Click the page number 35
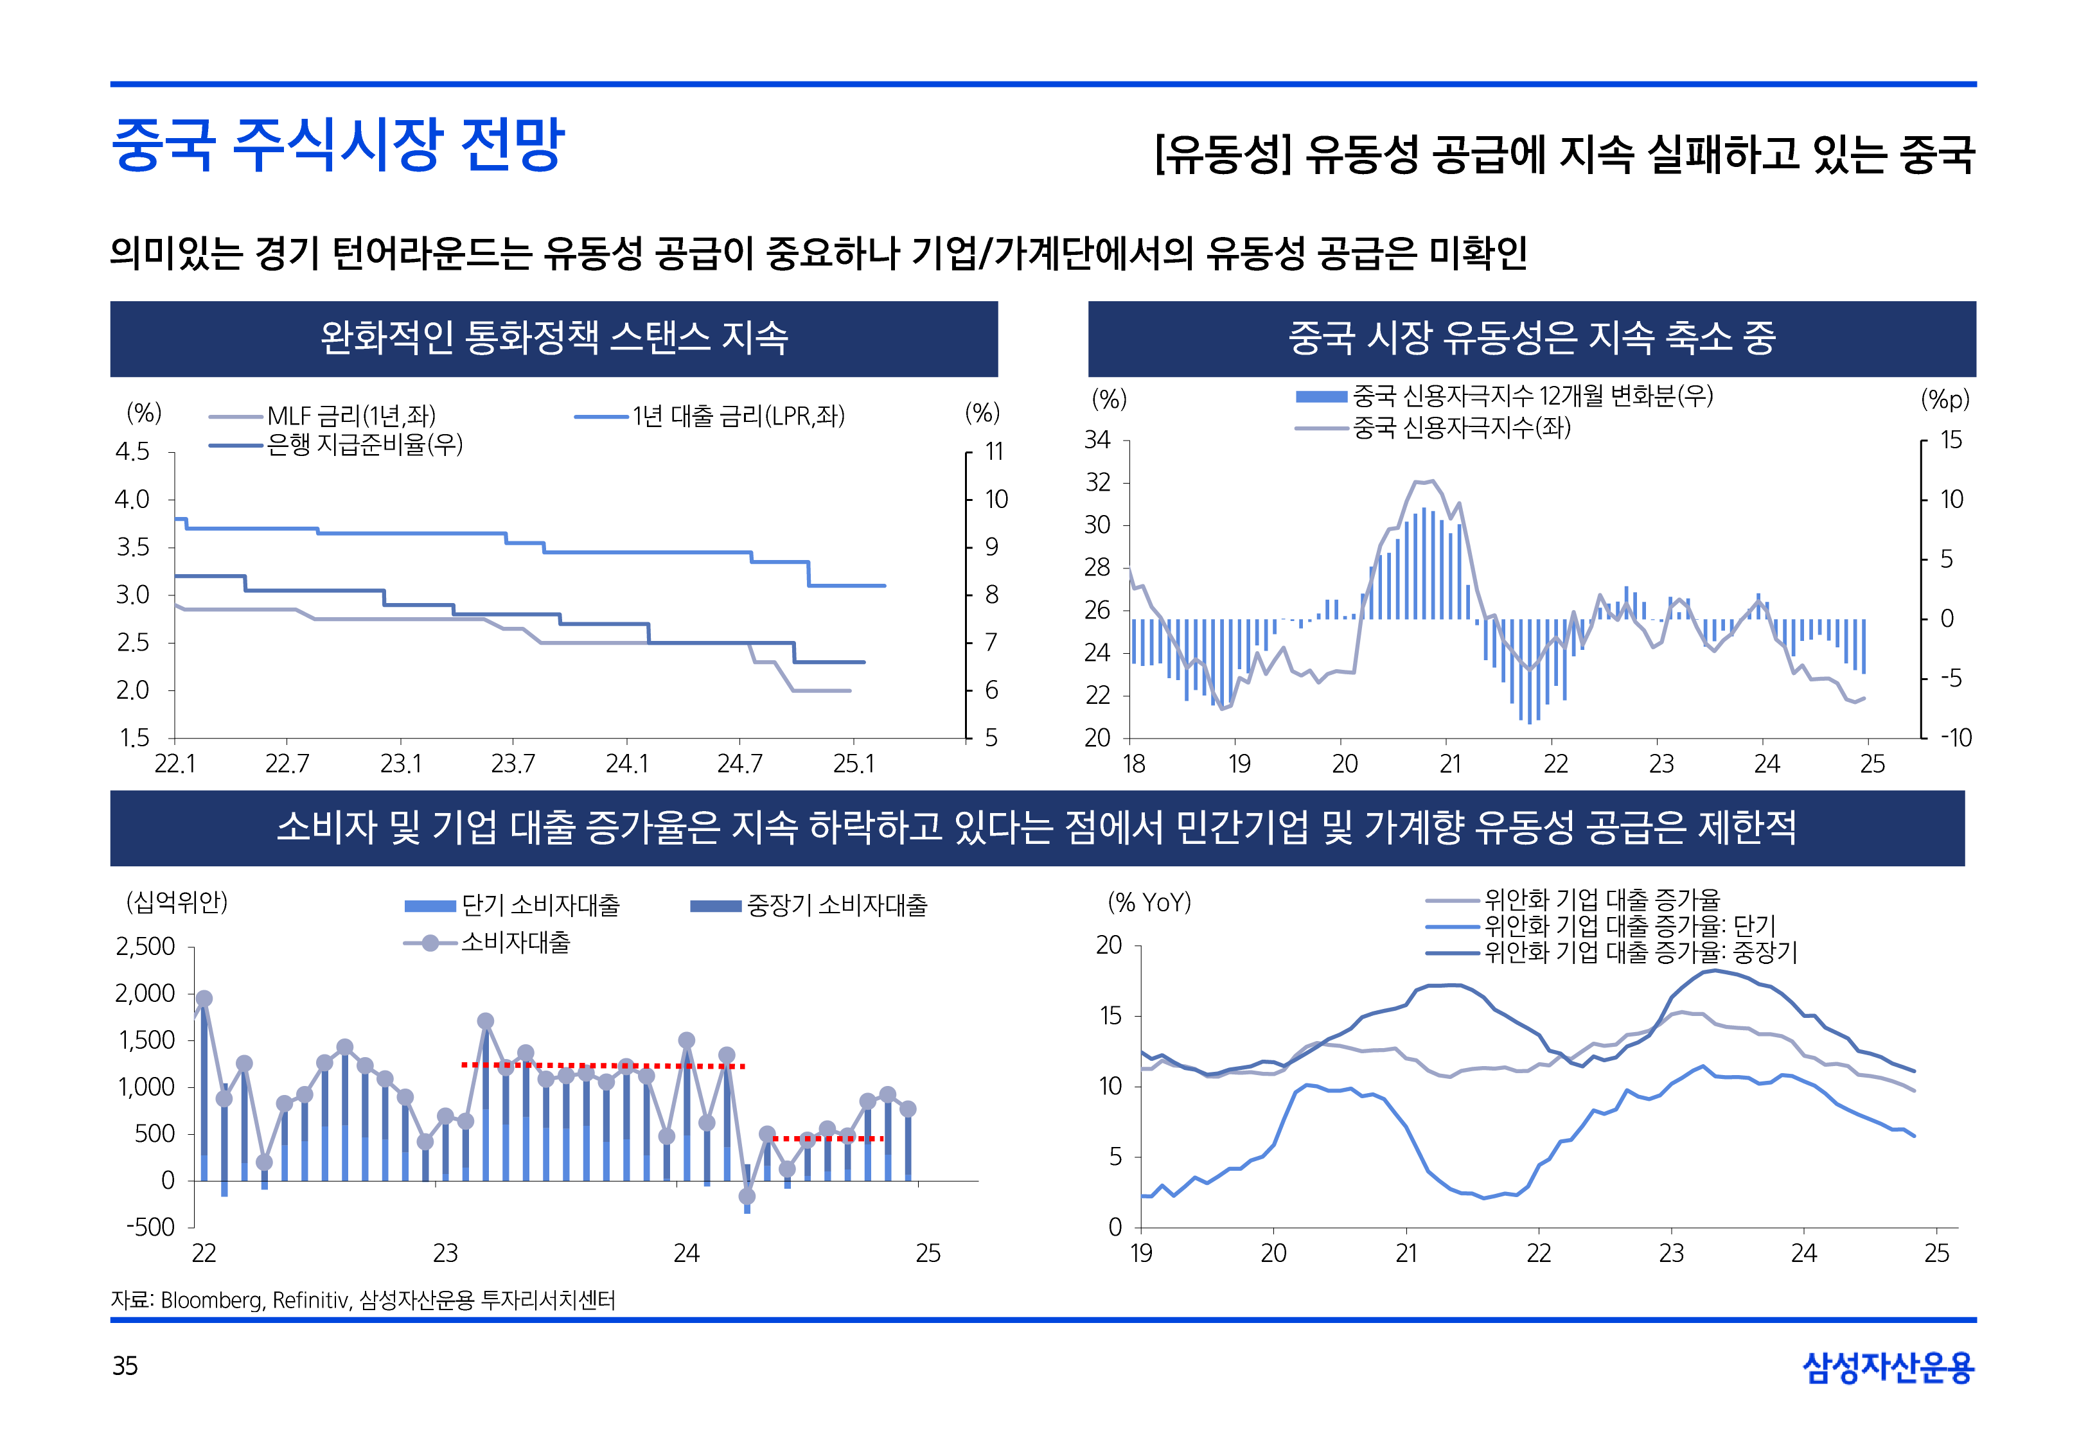tap(125, 1365)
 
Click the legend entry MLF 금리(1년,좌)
tap(351, 416)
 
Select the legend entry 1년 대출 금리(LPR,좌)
tap(738, 416)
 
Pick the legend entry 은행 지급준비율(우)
tap(364, 444)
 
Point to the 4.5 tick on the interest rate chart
tap(132, 451)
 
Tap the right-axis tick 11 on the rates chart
tap(994, 451)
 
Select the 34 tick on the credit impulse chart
tap(1097, 440)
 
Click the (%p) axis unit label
tap(1945, 399)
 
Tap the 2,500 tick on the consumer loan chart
tap(146, 947)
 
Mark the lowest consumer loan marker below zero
tap(747, 1196)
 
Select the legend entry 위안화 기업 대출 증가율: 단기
tap(1629, 926)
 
